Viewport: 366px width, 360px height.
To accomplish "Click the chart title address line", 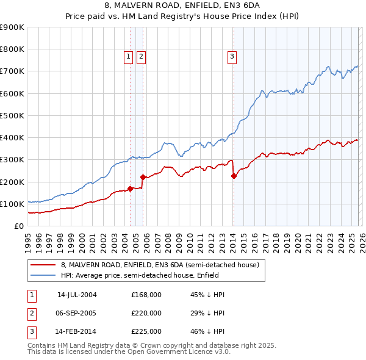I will pos(183,7).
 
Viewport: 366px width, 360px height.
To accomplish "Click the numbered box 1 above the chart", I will pos(129,57).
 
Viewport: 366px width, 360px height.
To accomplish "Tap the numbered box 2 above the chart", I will pos(141,57).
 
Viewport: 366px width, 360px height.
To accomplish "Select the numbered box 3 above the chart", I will pos(232,57).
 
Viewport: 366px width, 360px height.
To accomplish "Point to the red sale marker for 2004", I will pos(130,189).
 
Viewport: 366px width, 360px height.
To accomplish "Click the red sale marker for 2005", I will pos(143,177).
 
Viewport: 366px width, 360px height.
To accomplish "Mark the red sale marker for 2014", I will pos(234,176).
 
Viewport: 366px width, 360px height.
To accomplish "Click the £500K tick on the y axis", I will pos(13,115).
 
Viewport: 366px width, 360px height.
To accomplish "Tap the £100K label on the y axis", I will pos(13,204).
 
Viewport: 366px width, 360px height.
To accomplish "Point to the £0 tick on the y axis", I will pos(20,226).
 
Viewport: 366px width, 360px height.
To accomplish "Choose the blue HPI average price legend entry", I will pos(147,275).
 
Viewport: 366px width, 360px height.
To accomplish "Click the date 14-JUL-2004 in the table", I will pos(77,295).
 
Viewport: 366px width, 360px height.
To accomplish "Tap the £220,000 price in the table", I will pos(146,313).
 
